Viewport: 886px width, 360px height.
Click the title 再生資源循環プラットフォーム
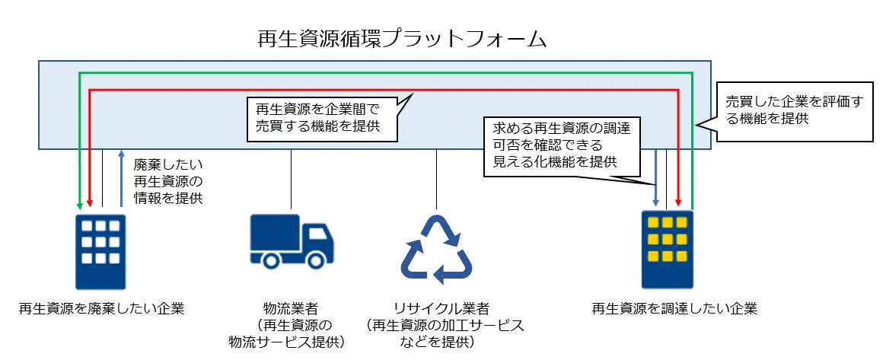(402, 40)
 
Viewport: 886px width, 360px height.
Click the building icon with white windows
(100, 251)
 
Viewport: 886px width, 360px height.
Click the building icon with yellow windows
(667, 251)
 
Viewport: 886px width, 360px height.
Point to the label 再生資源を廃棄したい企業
(103, 309)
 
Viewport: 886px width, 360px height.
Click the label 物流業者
(290, 309)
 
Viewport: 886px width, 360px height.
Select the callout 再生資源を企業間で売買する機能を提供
(323, 118)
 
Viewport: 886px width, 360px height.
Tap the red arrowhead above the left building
(90, 204)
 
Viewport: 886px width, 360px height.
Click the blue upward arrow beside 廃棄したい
(121, 178)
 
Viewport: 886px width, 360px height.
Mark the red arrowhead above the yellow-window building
(678, 204)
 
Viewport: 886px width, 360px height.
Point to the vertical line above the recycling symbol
(436, 179)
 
